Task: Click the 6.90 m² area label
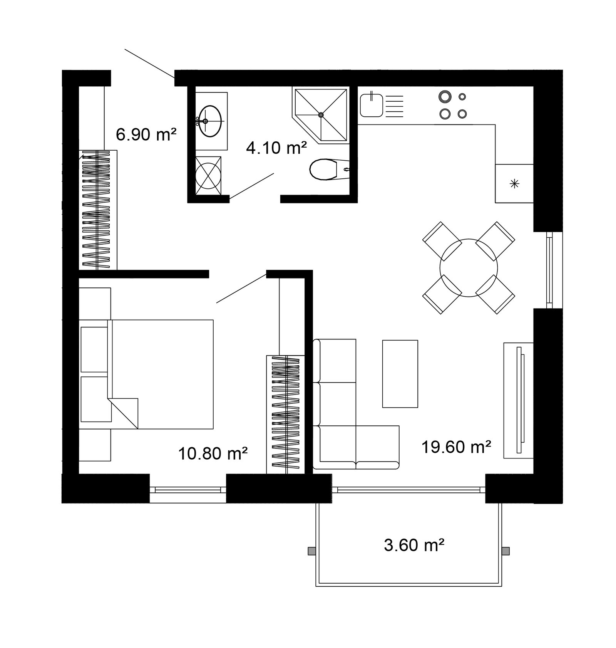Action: pos(146,135)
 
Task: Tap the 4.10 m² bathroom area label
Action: pos(276,148)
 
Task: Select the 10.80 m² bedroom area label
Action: pos(213,453)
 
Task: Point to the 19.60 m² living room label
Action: pos(456,447)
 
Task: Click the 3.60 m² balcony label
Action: pos(414,545)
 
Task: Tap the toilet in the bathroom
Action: pos(327,170)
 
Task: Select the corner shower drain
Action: pos(321,114)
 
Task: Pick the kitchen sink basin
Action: pos(371,106)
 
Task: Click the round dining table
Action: pos(469,268)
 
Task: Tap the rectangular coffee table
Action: pos(400,374)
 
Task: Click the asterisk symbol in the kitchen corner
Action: pos(514,184)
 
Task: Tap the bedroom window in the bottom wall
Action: pos(188,489)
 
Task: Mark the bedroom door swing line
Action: pos(241,288)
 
